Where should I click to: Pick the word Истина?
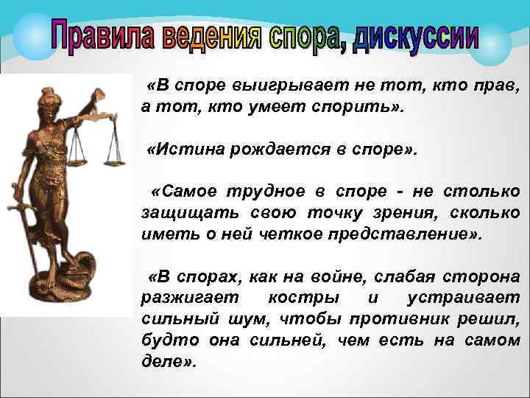click(188, 150)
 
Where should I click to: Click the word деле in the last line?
click(165, 363)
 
